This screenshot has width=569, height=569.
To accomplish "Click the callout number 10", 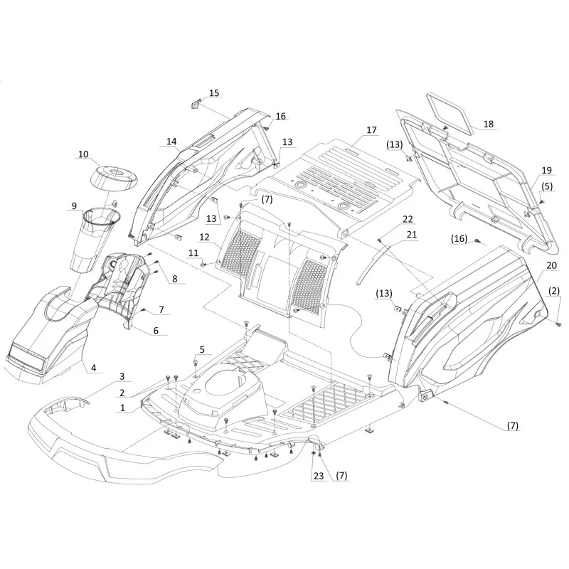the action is (x=83, y=154).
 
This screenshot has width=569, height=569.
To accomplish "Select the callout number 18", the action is (x=489, y=124).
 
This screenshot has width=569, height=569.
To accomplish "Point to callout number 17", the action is (x=371, y=129).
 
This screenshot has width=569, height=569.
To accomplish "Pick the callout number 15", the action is (x=214, y=93).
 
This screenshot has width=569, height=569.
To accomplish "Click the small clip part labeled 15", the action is (x=195, y=105).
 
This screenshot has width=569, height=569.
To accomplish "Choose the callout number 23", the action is (x=318, y=475).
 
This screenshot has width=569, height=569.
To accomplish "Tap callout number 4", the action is (x=94, y=368).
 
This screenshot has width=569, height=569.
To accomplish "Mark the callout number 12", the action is (x=204, y=237).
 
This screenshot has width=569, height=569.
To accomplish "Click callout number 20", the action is (x=551, y=265).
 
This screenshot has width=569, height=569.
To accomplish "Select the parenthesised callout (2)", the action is (x=554, y=291).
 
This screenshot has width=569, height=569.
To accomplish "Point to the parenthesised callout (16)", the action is (x=459, y=238).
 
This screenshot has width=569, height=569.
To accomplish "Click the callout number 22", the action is (x=408, y=219).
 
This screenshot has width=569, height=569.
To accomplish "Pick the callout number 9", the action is (x=74, y=206).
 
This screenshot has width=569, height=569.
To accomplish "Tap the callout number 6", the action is (x=156, y=330).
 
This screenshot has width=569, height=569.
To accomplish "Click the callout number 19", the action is (x=546, y=170).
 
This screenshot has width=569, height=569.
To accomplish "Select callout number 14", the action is (x=171, y=141).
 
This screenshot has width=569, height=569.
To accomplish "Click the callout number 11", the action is (x=193, y=252).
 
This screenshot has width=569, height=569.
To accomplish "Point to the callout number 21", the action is (x=412, y=235).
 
